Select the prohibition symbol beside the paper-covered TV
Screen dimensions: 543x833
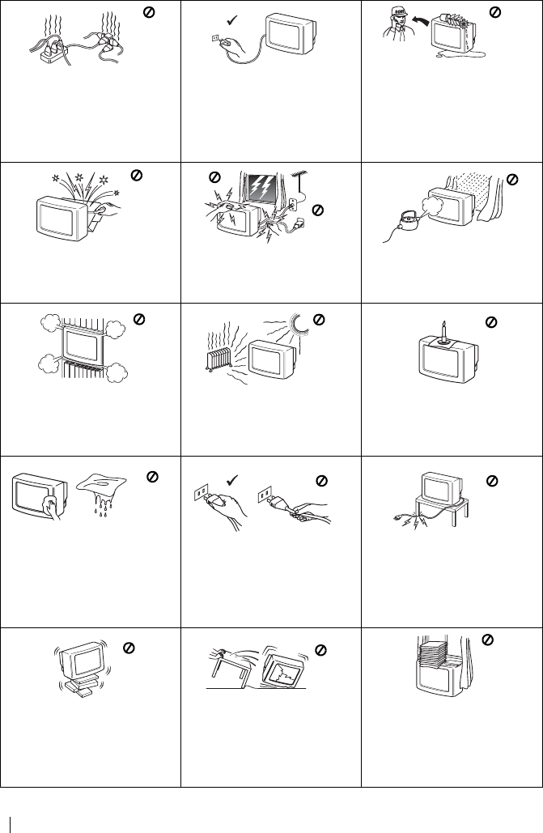[x=487, y=640]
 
